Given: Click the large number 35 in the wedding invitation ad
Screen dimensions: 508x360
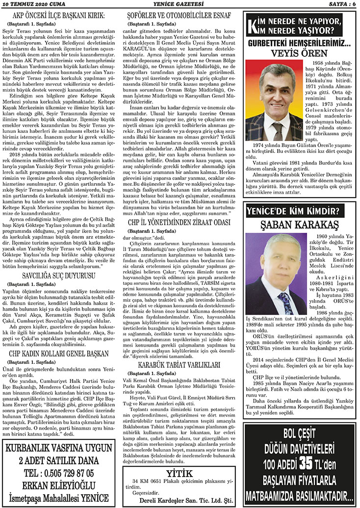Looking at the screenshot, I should click(306, 462).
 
